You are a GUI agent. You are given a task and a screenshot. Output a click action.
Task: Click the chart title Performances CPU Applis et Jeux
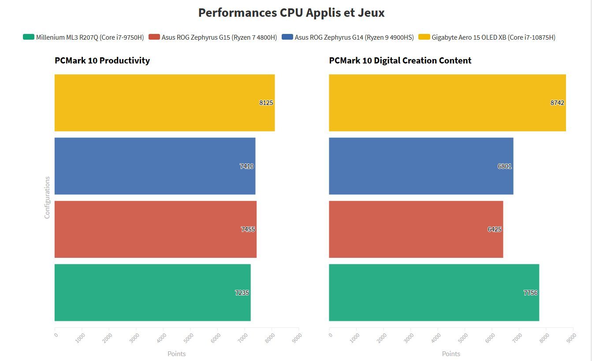pyautogui.click(x=291, y=13)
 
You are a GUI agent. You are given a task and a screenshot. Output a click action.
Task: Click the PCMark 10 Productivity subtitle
pyautogui.click(x=102, y=60)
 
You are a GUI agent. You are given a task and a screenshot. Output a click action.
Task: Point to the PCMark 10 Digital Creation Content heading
pyautogui.click(x=400, y=60)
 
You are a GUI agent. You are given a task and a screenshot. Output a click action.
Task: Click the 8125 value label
pyautogui.click(x=266, y=103)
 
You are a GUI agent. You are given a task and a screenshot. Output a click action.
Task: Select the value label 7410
pyautogui.click(x=247, y=166)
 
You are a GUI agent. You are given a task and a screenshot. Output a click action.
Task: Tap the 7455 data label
pyautogui.click(x=248, y=229)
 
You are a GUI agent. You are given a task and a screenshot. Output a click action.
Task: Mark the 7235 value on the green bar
pyautogui.click(x=242, y=293)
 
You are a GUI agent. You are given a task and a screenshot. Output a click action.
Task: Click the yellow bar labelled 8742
pyautogui.click(x=441, y=103)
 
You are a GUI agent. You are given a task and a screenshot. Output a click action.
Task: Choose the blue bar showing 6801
pyautogui.click(x=414, y=166)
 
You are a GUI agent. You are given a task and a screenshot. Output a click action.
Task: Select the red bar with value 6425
pyautogui.click(x=410, y=229)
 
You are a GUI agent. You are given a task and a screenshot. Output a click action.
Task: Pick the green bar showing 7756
pyautogui.click(x=428, y=293)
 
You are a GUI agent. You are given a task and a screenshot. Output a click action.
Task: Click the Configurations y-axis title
pyautogui.click(x=47, y=197)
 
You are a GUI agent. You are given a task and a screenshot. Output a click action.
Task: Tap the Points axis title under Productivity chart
pyautogui.click(x=176, y=354)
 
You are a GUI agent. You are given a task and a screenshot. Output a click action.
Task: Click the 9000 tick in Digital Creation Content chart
pyautogui.click(x=571, y=337)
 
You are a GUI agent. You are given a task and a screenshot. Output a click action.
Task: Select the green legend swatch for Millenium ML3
pyautogui.click(x=28, y=37)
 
